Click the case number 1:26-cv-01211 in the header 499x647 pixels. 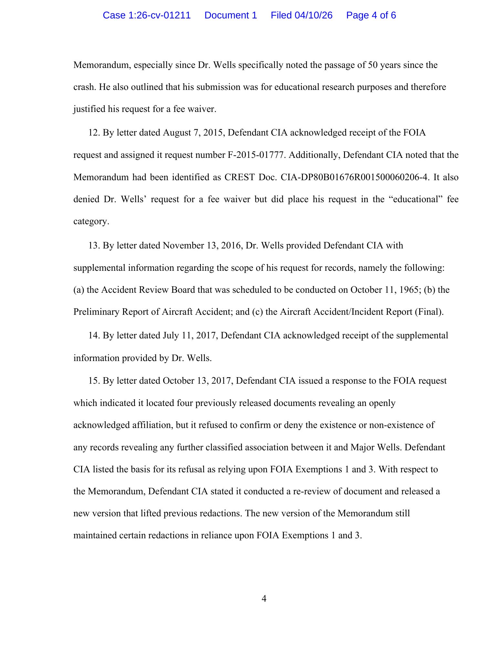pyautogui.click(x=147, y=15)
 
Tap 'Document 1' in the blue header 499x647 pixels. pyautogui.click(x=231, y=15)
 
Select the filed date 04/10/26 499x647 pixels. pyautogui.click(x=313, y=15)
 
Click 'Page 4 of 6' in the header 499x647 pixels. pyautogui.click(x=371, y=15)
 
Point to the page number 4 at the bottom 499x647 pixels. pyautogui.click(x=264, y=599)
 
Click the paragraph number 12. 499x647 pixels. pyautogui.click(x=94, y=133)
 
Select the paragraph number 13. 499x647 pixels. pyautogui.click(x=94, y=246)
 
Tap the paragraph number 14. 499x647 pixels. pyautogui.click(x=94, y=335)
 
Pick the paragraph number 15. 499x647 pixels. pyautogui.click(x=94, y=381)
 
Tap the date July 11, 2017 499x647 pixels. pyautogui.click(x=189, y=335)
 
